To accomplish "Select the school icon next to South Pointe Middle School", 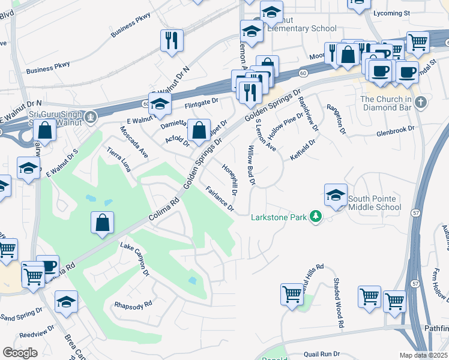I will tap(336, 195).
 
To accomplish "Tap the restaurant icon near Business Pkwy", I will tap(172, 41).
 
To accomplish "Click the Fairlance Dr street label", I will tap(220, 199).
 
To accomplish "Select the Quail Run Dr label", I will tap(322, 355).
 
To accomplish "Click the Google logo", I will tap(20, 353).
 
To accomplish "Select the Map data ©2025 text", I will tap(423, 355).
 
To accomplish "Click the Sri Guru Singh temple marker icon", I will tap(90, 116).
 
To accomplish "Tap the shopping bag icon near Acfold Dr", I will tap(198, 130).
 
